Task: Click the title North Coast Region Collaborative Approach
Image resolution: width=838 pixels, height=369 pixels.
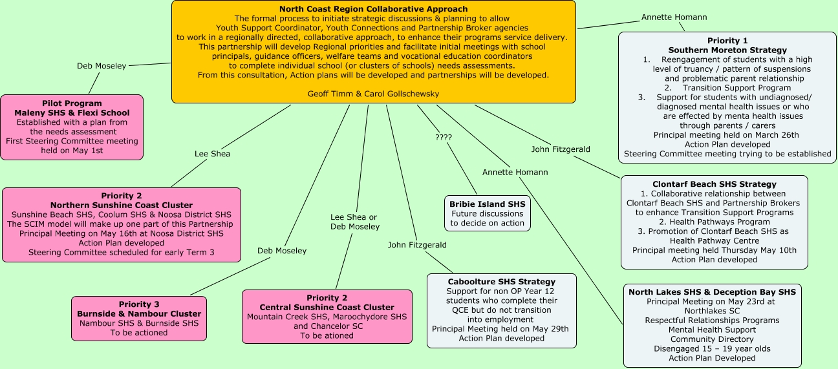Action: pyautogui.click(x=373, y=9)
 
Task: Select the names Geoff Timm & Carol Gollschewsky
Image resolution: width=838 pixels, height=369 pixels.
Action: pyautogui.click(x=374, y=94)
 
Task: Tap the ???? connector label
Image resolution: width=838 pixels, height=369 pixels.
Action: pyautogui.click(x=443, y=138)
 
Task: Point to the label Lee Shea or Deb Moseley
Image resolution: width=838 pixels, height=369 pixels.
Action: pyautogui.click(x=354, y=222)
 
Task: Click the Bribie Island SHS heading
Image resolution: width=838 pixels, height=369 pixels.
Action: pyautogui.click(x=488, y=204)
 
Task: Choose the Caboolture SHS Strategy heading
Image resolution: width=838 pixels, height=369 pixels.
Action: pyautogui.click(x=501, y=282)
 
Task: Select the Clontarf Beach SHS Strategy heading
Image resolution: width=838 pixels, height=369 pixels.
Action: pyautogui.click(x=714, y=184)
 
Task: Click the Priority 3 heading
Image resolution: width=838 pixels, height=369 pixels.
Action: pyautogui.click(x=139, y=304)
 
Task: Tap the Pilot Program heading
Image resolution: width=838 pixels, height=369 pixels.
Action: pyautogui.click(x=72, y=103)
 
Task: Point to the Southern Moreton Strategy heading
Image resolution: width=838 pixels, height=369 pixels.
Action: pyautogui.click(x=727, y=50)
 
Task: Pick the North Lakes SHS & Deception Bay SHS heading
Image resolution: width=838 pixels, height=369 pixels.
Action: pyautogui.click(x=712, y=292)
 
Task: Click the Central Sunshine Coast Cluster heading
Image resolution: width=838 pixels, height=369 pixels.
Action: pyautogui.click(x=327, y=307)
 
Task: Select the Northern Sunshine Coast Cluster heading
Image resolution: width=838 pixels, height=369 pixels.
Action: pyautogui.click(x=122, y=206)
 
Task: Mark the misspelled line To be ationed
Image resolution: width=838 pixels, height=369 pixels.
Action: pyautogui.click(x=327, y=335)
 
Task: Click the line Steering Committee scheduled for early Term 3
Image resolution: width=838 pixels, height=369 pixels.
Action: pyautogui.click(x=122, y=252)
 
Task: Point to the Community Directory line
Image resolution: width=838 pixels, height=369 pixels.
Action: pyautogui.click(x=712, y=339)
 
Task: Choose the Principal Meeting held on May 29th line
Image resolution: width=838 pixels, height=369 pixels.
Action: pyautogui.click(x=500, y=328)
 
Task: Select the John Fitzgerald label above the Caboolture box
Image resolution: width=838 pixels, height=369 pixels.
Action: pyautogui.click(x=417, y=245)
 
